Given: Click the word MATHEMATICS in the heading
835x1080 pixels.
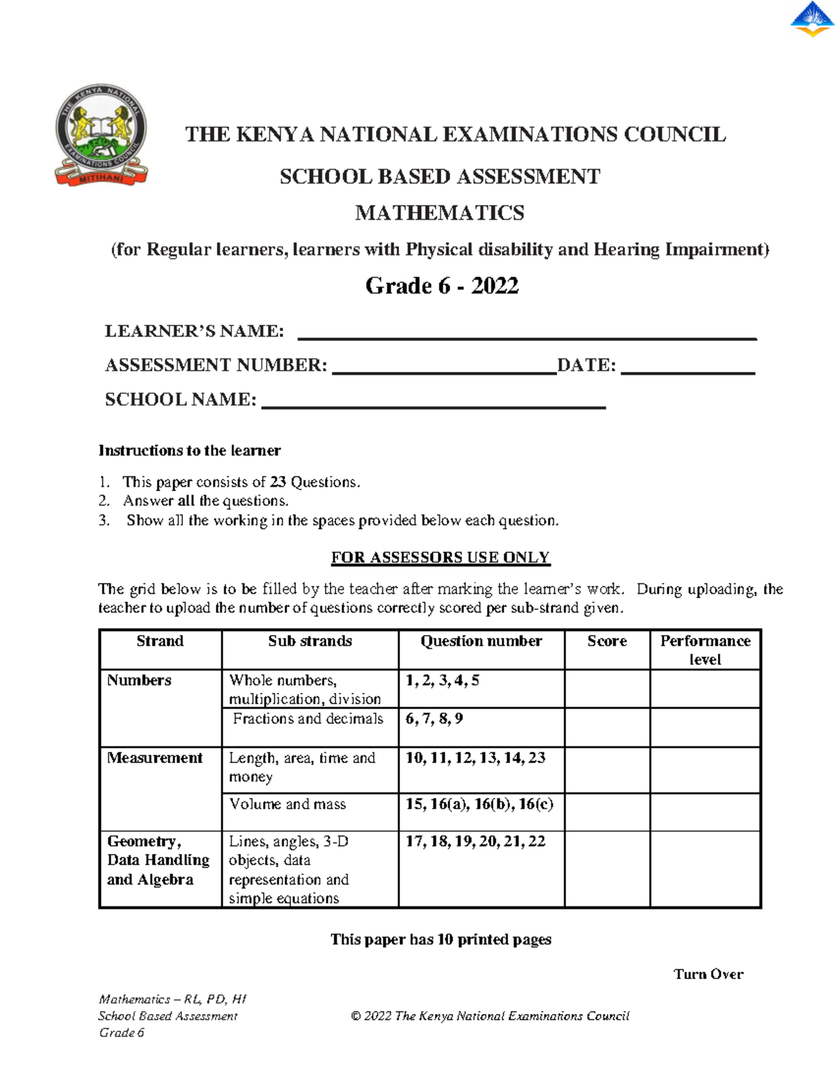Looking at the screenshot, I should pyautogui.click(x=440, y=213).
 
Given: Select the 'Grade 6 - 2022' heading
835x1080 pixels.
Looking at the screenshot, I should pyautogui.click(x=442, y=286).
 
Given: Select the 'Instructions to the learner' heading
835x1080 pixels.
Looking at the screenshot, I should pyautogui.click(x=189, y=451).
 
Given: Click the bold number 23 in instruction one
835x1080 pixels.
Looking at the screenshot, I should pyautogui.click(x=278, y=482).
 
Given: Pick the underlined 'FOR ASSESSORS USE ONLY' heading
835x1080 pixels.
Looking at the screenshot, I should pyautogui.click(x=440, y=558).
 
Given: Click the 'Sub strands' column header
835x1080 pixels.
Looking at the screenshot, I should pyautogui.click(x=310, y=641).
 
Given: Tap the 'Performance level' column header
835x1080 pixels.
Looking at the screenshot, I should pyautogui.click(x=705, y=650).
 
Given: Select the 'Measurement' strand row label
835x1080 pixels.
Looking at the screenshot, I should pyautogui.click(x=154, y=758).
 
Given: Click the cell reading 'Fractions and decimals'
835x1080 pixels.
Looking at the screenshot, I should pyautogui.click(x=308, y=719).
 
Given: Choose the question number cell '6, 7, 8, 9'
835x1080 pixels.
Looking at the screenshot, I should pyautogui.click(x=434, y=719).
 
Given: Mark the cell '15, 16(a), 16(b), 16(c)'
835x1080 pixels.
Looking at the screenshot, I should pyautogui.click(x=479, y=804).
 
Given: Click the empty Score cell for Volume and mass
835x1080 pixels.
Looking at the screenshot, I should pyautogui.click(x=607, y=812).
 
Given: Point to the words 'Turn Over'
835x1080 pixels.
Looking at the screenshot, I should pyautogui.click(x=708, y=974).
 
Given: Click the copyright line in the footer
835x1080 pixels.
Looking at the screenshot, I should pyautogui.click(x=490, y=1016).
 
